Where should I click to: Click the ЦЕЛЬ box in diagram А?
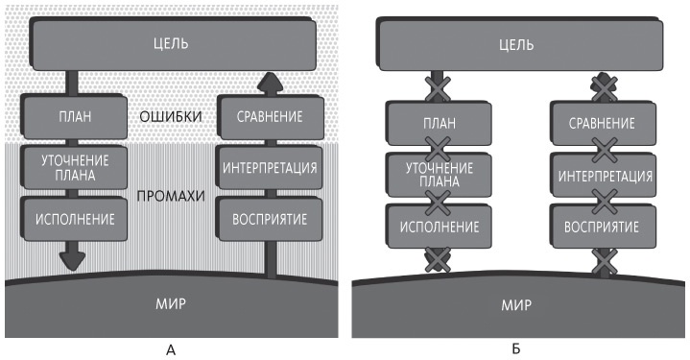tap(171, 42)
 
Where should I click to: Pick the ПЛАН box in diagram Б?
tap(440, 124)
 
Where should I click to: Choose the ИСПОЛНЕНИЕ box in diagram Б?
tap(440, 226)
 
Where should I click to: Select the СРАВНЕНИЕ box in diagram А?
tap(270, 117)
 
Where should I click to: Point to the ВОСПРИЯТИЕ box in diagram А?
tap(270, 218)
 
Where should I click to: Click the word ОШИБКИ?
tap(171, 117)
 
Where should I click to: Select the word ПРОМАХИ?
tap(172, 195)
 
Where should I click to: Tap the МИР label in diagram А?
tap(171, 304)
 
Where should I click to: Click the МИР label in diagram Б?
tap(518, 308)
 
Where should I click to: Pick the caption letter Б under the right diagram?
tap(518, 349)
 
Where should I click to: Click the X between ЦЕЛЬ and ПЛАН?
tap(440, 89)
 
